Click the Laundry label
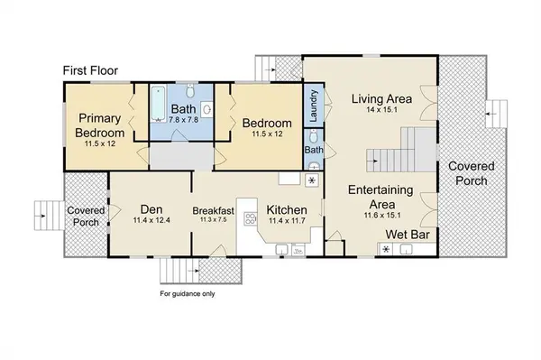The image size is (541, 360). pos(313,104)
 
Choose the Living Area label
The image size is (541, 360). pos(382,98)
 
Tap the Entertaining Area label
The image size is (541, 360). pos(381,197)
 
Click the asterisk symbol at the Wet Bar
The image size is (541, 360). pos(387,249)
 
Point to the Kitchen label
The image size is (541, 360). pos(287,212)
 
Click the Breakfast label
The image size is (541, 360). pos(214,212)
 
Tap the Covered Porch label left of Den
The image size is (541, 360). pos(85,217)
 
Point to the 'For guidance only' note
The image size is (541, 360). pos(188,293)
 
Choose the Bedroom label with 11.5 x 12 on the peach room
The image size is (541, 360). pos(265,124)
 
